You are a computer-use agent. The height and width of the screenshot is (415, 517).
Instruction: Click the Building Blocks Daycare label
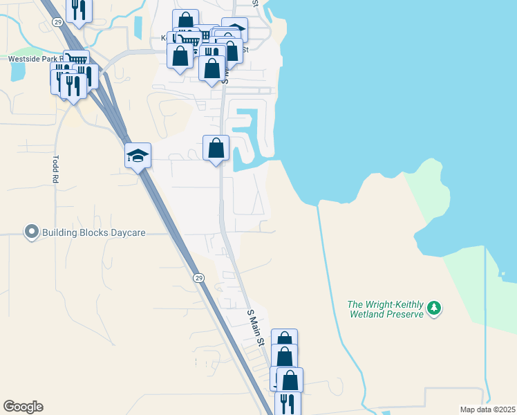[x=94, y=232]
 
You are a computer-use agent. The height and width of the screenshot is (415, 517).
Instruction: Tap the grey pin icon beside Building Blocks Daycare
[x=30, y=232]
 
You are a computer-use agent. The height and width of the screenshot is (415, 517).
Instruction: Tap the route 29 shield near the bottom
[x=199, y=277]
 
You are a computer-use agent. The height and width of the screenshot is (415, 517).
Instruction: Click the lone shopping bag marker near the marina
[x=216, y=147]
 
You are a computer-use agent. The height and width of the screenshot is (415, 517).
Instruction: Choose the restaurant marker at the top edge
[x=79, y=9]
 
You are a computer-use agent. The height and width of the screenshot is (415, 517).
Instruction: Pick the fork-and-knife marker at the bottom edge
[x=288, y=403]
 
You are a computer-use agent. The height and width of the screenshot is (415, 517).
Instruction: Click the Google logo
[x=23, y=407]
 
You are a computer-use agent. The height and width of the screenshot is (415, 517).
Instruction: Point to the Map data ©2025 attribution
[x=487, y=409]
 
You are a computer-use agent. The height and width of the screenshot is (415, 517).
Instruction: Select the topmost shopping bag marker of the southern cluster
[x=284, y=341]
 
